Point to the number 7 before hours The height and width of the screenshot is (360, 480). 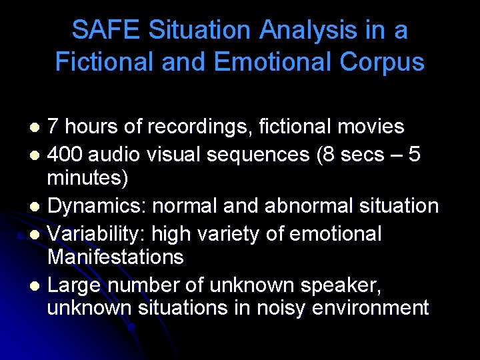click(53, 127)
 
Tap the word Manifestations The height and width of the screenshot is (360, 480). click(115, 257)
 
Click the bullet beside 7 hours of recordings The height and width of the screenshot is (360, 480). click(37, 127)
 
